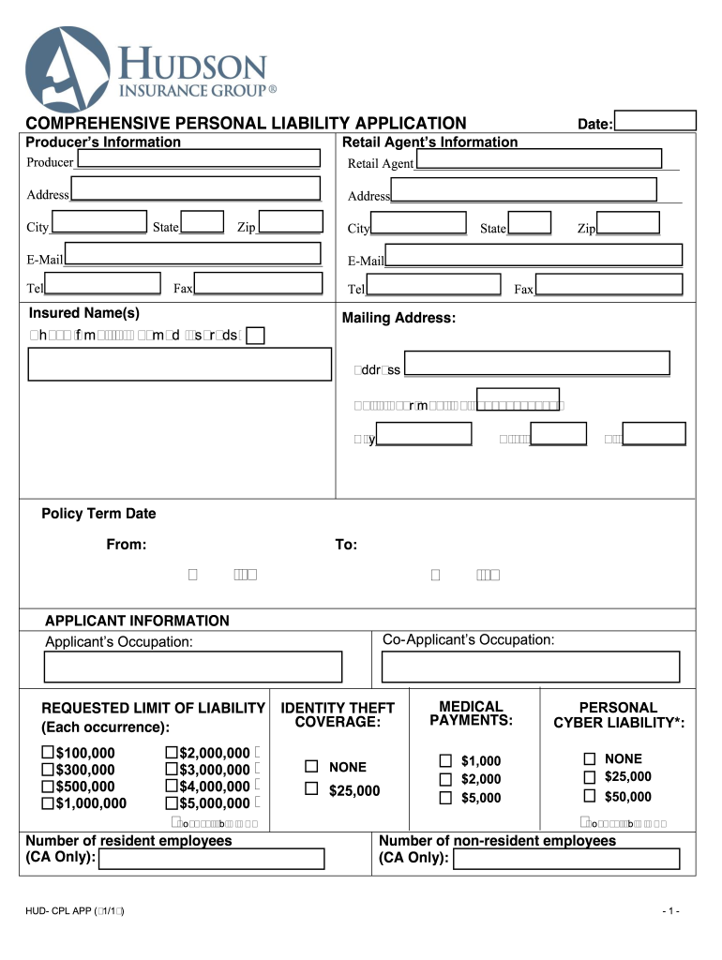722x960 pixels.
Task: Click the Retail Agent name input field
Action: (x=538, y=160)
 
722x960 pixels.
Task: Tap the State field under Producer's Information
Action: (x=202, y=223)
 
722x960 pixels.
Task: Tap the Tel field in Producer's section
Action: (x=105, y=285)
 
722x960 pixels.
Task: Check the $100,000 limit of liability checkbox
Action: (x=48, y=753)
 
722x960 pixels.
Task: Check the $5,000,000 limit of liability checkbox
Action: (x=172, y=803)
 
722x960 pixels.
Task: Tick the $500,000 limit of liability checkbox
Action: (x=48, y=787)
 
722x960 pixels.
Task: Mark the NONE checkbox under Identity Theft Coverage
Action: (x=312, y=767)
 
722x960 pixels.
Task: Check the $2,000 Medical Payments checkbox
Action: (x=446, y=779)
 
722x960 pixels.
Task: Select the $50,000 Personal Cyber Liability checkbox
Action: (x=590, y=796)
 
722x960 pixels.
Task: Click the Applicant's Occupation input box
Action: (x=193, y=667)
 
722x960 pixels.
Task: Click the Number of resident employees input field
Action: (x=212, y=859)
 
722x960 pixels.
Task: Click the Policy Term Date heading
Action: (x=98, y=514)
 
